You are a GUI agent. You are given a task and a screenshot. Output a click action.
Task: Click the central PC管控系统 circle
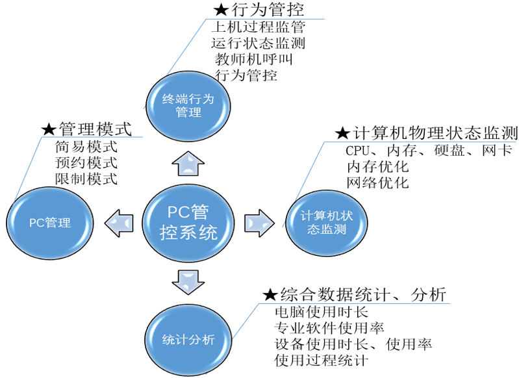click(188, 222)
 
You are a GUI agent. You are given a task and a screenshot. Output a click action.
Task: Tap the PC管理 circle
click(49, 222)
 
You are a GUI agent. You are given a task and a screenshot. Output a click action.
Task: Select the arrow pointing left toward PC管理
click(121, 222)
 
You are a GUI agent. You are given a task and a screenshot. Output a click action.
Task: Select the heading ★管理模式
click(86, 128)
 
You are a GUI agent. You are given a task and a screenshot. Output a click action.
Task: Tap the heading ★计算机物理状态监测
click(426, 133)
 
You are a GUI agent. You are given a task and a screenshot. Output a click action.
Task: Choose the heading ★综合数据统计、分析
click(354, 294)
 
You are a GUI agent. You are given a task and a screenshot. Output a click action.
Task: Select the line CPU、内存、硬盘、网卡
click(429, 151)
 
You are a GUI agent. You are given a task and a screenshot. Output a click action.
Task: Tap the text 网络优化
click(377, 183)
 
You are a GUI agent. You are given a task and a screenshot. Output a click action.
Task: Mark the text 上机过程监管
click(258, 27)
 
